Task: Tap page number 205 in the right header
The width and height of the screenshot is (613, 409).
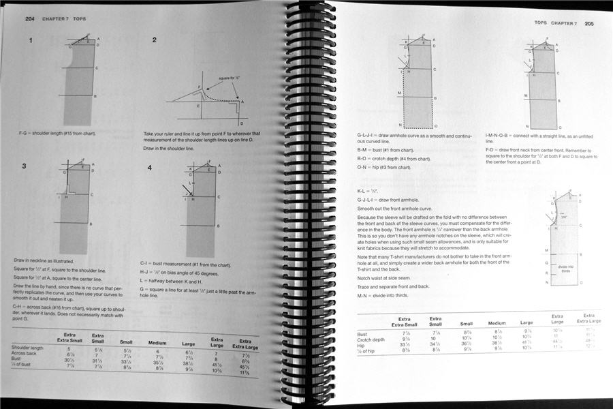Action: (x=589, y=23)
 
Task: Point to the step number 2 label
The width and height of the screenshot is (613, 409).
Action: (x=154, y=40)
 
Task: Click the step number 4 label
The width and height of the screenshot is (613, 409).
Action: (x=149, y=167)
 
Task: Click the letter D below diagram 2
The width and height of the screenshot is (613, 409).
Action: (x=241, y=123)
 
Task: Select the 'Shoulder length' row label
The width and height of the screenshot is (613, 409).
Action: (x=28, y=348)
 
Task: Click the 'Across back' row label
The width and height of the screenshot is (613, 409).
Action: (x=25, y=354)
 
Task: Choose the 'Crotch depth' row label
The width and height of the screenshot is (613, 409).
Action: (x=373, y=339)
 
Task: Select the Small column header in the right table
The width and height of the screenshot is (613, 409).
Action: (x=467, y=324)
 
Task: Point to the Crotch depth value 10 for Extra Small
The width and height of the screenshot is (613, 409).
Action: (x=434, y=339)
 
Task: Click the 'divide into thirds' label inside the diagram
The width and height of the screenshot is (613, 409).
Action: (x=565, y=269)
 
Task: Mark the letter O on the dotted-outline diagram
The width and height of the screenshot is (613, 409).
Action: (x=436, y=127)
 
